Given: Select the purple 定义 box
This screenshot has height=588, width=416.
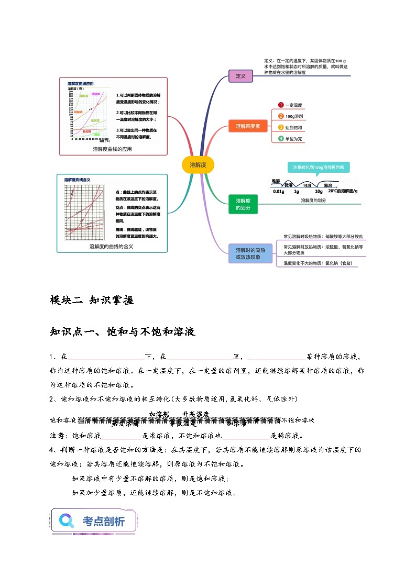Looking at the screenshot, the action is [240, 76].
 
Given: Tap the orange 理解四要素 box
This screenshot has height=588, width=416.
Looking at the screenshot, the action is [248, 126].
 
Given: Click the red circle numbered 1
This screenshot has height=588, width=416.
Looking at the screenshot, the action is [281, 105].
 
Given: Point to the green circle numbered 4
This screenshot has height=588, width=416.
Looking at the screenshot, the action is [281, 139].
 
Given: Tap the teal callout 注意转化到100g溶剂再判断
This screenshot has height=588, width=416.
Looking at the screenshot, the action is [318, 167].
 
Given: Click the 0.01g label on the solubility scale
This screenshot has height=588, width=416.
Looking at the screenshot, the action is [279, 192].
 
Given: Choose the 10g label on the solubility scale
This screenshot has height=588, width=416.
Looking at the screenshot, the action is [319, 192].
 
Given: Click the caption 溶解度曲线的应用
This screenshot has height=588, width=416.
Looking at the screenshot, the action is [112, 149].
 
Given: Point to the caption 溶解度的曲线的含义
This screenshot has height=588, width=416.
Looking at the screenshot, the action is [111, 246].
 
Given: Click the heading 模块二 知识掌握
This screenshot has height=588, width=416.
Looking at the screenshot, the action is [91, 300].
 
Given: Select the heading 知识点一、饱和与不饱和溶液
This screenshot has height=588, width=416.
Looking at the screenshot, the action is [122, 331].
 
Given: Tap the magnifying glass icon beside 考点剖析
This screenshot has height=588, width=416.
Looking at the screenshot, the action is [67, 520].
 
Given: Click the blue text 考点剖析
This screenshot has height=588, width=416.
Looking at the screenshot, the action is [104, 522].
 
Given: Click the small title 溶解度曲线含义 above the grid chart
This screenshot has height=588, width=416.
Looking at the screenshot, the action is [78, 180].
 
